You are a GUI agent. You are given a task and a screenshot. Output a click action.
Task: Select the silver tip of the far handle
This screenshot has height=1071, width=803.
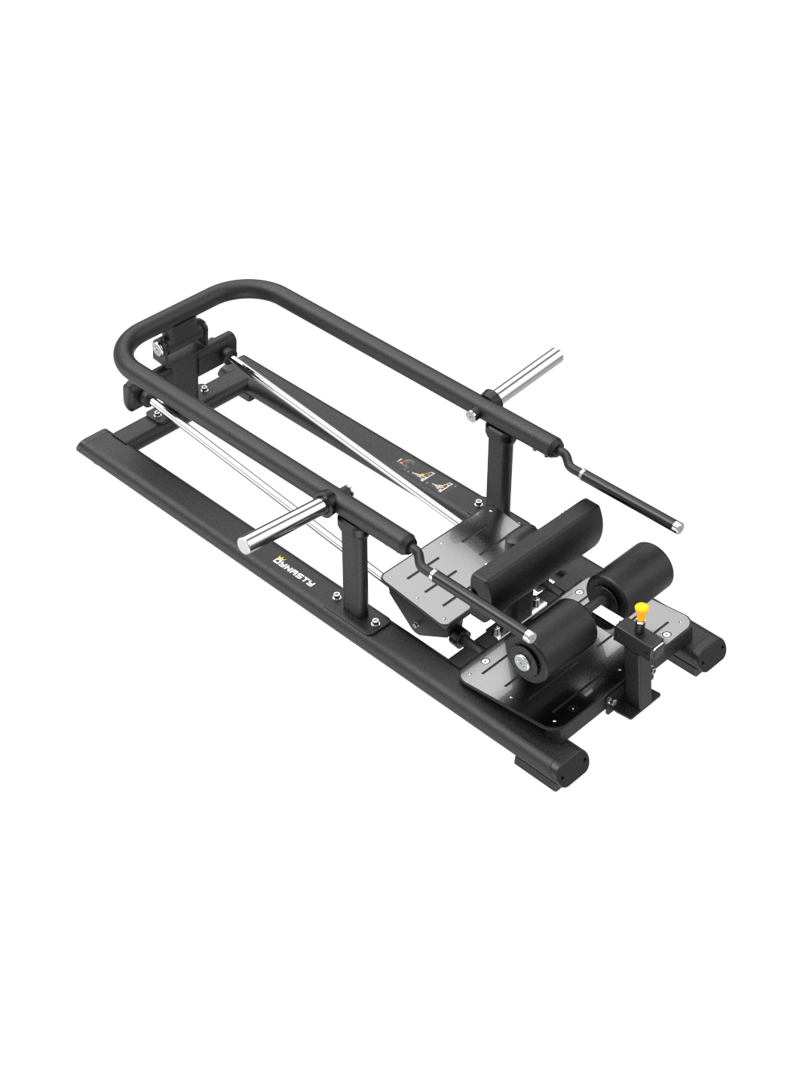click(676, 526)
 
